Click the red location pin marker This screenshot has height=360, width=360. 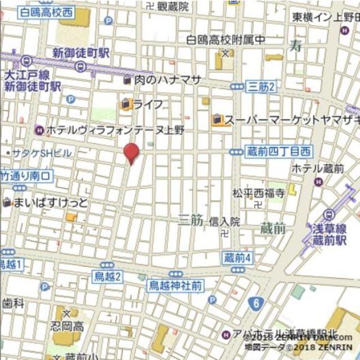click(x=131, y=152)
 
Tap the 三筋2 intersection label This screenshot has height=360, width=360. click(x=261, y=86)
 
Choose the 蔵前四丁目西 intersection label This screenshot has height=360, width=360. click(x=278, y=151)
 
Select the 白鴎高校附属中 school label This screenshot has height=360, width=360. click(x=226, y=40)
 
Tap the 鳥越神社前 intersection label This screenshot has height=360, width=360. click(x=174, y=286)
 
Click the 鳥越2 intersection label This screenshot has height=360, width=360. click(x=108, y=275)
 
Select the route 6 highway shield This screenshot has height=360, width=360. click(x=257, y=303)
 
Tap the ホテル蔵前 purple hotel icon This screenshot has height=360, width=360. click(x=319, y=182)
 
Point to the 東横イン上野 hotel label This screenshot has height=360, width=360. click(x=325, y=17)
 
